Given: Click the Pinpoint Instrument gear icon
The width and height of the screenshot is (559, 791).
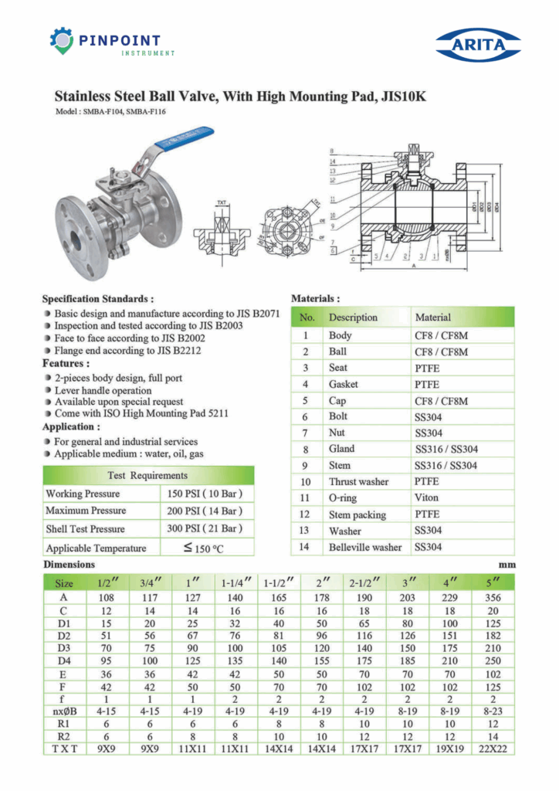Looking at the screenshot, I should point(62,40).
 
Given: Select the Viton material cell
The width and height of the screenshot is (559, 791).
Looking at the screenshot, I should point(427,497).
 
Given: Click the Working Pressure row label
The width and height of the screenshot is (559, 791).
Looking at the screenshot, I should point(83,493).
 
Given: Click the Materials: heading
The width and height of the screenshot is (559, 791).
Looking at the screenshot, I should point(315,297).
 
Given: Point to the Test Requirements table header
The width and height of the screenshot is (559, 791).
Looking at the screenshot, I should point(147,475).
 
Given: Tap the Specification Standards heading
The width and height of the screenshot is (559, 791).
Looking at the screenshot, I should point(97,298).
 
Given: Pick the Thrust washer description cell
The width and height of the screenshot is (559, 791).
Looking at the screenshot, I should point(358,481).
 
